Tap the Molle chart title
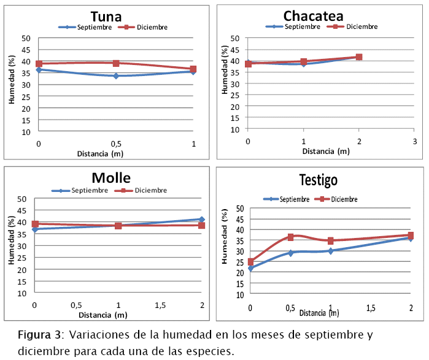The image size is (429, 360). (x=111, y=178)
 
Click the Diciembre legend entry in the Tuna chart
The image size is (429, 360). (x=147, y=27)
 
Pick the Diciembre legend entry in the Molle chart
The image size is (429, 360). (x=144, y=190)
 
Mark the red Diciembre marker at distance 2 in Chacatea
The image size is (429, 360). (x=359, y=57)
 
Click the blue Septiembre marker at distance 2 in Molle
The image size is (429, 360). (x=201, y=219)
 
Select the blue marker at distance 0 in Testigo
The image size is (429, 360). (x=250, y=268)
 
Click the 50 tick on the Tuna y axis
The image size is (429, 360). (x=26, y=38)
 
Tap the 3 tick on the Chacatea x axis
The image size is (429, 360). (x=414, y=142)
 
